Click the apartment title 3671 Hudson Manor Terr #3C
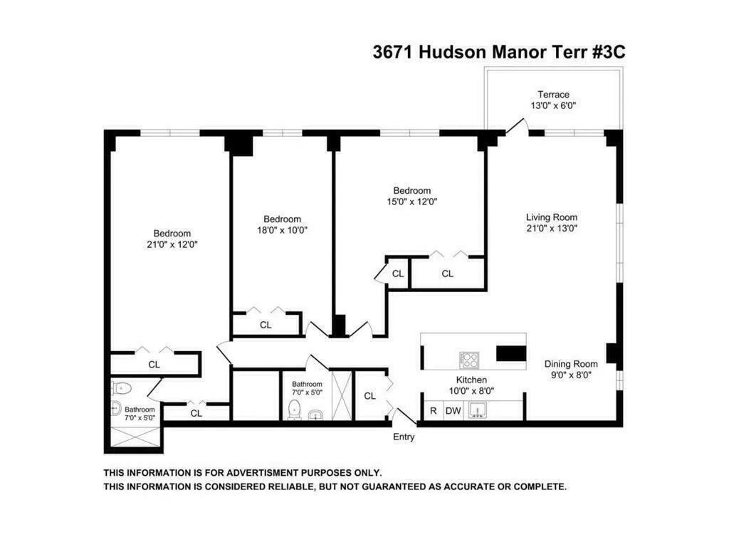point(498,52)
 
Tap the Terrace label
point(552,95)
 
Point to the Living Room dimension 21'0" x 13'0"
point(551,229)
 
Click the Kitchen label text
point(471,380)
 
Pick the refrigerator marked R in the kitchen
point(432,411)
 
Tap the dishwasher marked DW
point(453,411)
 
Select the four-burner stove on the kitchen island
point(469,358)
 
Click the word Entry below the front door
point(404,437)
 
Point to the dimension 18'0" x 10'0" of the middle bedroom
point(282,230)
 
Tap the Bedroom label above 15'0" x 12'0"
point(412,190)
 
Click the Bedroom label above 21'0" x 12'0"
point(172,233)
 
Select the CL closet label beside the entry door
point(369,396)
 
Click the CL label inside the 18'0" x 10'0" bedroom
point(266,325)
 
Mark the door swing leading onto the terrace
point(518,126)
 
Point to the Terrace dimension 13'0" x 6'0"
point(552,106)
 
